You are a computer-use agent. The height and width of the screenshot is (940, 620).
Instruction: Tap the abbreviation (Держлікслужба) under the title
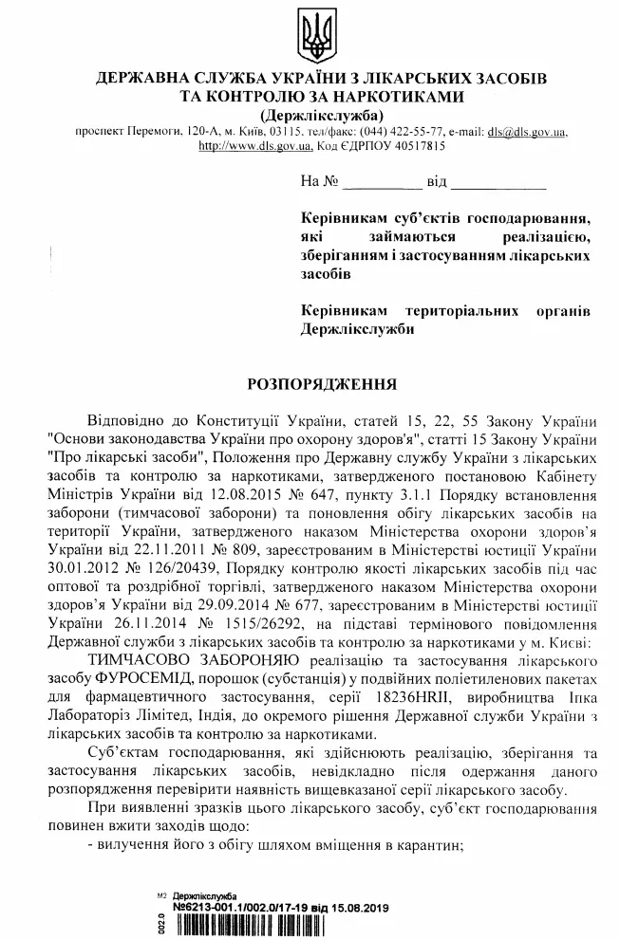[x=310, y=115]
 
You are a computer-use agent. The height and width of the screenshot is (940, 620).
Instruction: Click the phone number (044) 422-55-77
[x=416, y=132]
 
